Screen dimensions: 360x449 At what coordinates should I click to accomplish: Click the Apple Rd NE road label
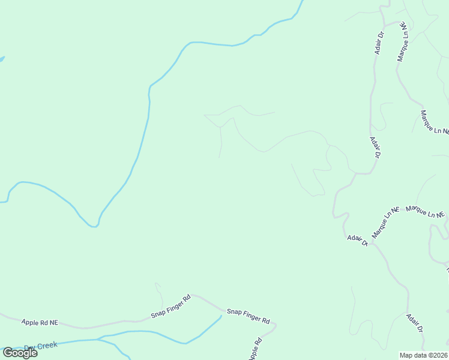(x=40, y=322)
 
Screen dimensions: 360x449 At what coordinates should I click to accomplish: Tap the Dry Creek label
(x=41, y=346)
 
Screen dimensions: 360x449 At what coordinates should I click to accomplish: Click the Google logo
(x=20, y=353)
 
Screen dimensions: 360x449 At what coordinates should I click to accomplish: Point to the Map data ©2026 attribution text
(x=424, y=355)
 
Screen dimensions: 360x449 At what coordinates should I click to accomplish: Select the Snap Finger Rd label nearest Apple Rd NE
(x=170, y=306)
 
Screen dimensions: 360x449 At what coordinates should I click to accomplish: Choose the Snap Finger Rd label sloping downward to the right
(x=249, y=316)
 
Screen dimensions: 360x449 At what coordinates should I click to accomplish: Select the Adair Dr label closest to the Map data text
(x=415, y=323)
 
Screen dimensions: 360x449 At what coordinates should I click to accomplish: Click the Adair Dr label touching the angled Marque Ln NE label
(x=357, y=239)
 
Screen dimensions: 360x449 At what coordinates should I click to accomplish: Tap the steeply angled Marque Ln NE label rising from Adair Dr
(x=385, y=223)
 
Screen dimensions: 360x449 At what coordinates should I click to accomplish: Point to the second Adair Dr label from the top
(x=375, y=147)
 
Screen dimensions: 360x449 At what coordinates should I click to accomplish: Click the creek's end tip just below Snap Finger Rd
(x=221, y=316)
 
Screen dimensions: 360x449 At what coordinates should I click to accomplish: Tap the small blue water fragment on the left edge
(x=2, y=59)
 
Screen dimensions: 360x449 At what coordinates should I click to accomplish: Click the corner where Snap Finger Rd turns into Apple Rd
(x=275, y=326)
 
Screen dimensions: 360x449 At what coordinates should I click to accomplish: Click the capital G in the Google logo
(x=8, y=353)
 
